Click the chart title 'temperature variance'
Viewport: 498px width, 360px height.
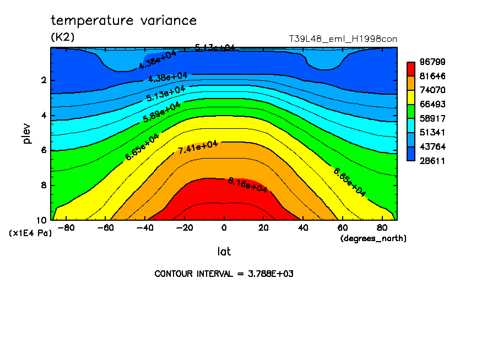pos(123,21)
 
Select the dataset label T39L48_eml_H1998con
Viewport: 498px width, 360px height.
pos(343,39)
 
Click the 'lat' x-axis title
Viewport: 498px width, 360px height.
pos(224,252)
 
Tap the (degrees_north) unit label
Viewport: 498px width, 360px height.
pos(373,238)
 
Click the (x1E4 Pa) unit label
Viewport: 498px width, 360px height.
pos(30,233)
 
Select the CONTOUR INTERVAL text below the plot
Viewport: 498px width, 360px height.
pos(224,274)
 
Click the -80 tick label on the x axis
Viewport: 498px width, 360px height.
pos(66,228)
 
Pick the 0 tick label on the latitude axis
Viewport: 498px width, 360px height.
pos(224,228)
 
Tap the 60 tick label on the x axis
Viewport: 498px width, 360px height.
pos(342,228)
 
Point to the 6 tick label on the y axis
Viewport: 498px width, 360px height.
pos(44,150)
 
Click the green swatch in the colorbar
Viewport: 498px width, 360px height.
pos(410,111)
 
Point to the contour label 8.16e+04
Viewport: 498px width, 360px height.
pos(247,185)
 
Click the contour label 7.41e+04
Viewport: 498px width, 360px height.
pos(198,147)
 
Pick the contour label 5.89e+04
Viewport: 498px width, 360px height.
pos(161,112)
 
